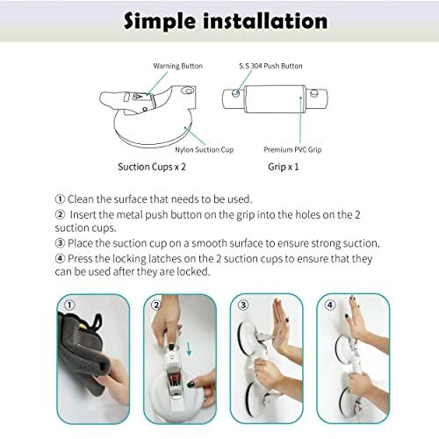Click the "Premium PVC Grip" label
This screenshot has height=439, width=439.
291,151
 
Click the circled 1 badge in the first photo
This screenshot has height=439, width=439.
70,306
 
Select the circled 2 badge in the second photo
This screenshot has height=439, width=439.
156,306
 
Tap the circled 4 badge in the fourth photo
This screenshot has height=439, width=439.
329,306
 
